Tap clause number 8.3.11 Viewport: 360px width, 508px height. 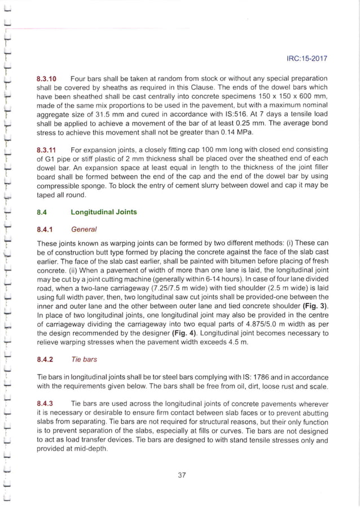(x=47, y=151)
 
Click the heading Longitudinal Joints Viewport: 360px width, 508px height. (x=103, y=213)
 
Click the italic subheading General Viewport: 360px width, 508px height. (x=84, y=229)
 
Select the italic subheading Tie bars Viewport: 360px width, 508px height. (x=85, y=359)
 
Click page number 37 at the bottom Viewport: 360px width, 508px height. (x=182, y=475)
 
